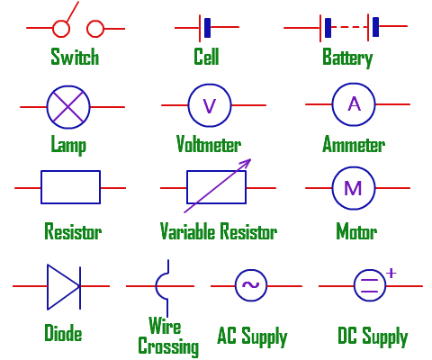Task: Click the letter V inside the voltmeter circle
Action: click(210, 106)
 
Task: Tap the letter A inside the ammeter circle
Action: click(355, 104)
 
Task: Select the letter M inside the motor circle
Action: click(354, 188)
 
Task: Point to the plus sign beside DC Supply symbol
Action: click(391, 272)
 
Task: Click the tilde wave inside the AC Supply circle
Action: click(250, 286)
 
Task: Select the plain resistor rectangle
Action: click(71, 188)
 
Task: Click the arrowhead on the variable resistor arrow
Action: click(247, 165)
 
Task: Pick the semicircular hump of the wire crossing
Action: click(162, 286)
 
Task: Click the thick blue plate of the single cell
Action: click(208, 28)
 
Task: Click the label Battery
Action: click(347, 58)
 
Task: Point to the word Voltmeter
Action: click(209, 144)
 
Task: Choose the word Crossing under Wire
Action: click(168, 346)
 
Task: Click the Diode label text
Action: click(63, 333)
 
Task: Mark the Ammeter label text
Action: click(354, 144)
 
